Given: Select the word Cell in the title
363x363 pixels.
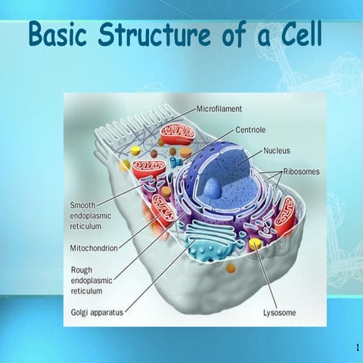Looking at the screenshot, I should tap(296, 34).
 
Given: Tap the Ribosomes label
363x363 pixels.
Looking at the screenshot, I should tap(301, 172).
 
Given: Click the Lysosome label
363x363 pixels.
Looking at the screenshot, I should tap(279, 312).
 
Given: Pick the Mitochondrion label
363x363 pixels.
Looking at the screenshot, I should tap(94, 247).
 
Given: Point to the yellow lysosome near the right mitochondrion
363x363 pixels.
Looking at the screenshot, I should tap(256, 244).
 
